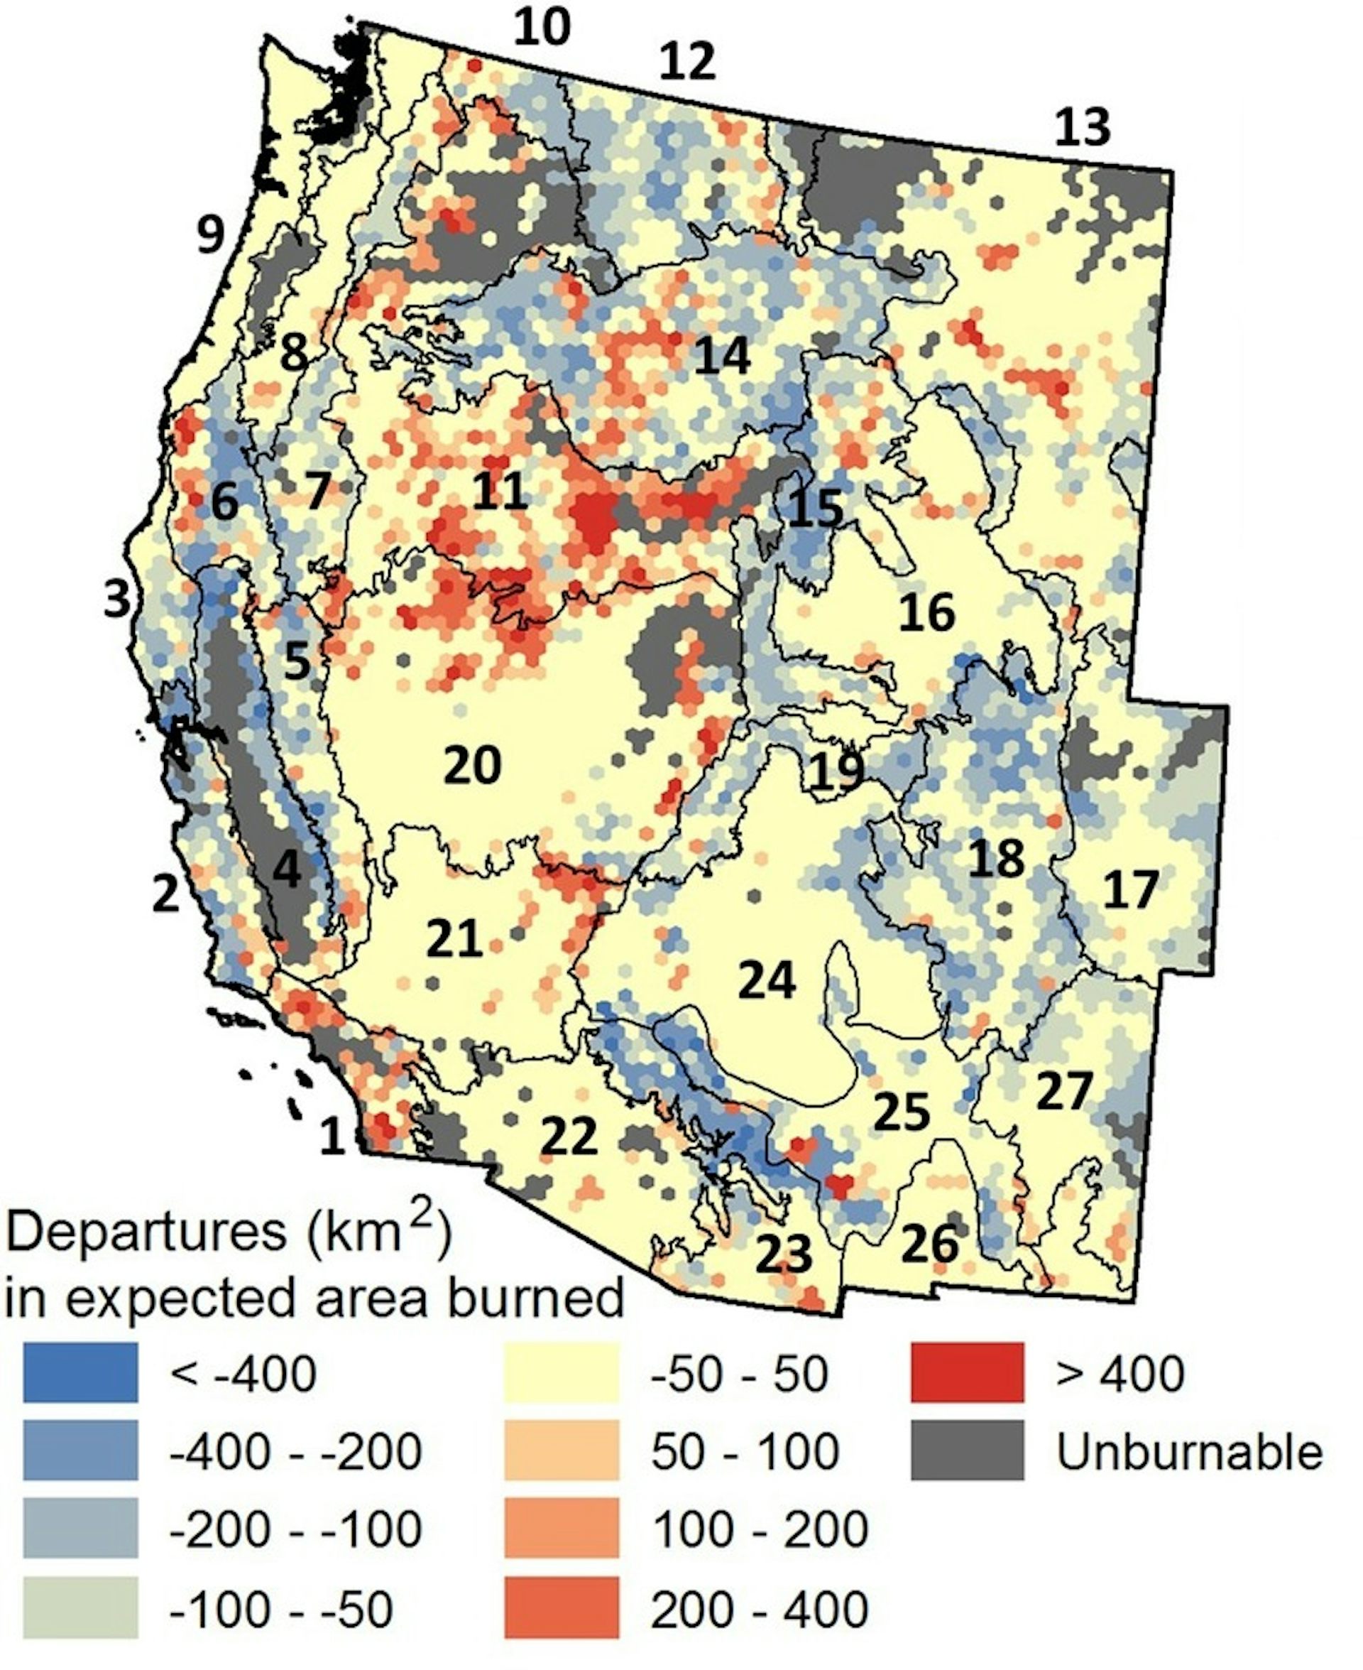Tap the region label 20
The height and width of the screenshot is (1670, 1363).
(x=472, y=765)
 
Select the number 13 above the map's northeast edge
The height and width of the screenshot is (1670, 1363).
(x=1082, y=127)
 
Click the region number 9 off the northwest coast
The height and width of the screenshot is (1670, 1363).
(x=209, y=234)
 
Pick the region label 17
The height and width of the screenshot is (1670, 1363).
(x=1131, y=890)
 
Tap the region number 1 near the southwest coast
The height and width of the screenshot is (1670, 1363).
(x=332, y=1137)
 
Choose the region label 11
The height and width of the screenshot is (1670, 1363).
(x=499, y=492)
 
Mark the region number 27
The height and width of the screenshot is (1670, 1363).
(x=1064, y=1091)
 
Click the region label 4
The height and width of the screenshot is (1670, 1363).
(x=287, y=869)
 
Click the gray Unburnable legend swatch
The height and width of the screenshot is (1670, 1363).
(x=968, y=1450)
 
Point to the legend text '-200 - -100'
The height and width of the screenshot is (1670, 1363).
(x=296, y=1529)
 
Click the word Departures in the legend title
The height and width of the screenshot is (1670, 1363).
(x=146, y=1232)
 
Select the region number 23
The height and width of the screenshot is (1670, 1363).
(x=783, y=1254)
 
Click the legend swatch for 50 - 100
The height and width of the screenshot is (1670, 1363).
(x=562, y=1450)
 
